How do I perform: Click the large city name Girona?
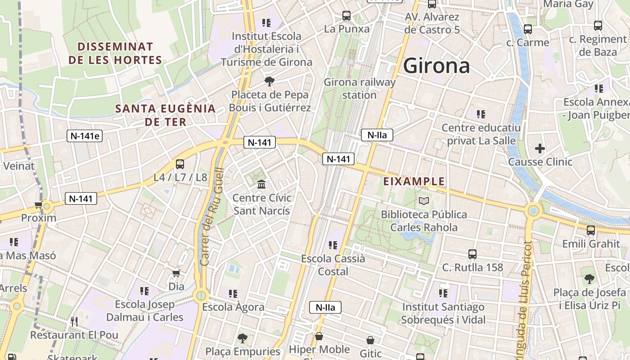tap(436, 66)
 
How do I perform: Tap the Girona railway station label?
tap(360, 89)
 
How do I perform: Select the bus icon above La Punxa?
tap(346, 16)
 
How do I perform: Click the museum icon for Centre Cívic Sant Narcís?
tap(261, 184)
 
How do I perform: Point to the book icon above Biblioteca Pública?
tap(424, 201)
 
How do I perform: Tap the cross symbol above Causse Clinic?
tap(540, 148)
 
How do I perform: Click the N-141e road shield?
tap(85, 136)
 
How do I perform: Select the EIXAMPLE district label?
tap(414, 182)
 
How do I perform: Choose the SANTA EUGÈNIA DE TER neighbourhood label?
tap(165, 115)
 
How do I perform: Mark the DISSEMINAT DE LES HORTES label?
tap(115, 53)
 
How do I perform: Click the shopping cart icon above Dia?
tap(176, 273)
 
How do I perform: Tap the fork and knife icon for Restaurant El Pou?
tap(74, 321)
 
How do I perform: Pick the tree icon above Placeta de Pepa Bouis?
tap(270, 81)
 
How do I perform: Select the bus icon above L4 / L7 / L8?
tap(180, 164)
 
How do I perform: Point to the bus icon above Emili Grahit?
tap(591, 230)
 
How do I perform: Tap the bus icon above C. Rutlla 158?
tap(472, 254)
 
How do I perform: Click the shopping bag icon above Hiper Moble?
tap(319, 336)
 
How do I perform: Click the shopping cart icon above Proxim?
tap(39, 205)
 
